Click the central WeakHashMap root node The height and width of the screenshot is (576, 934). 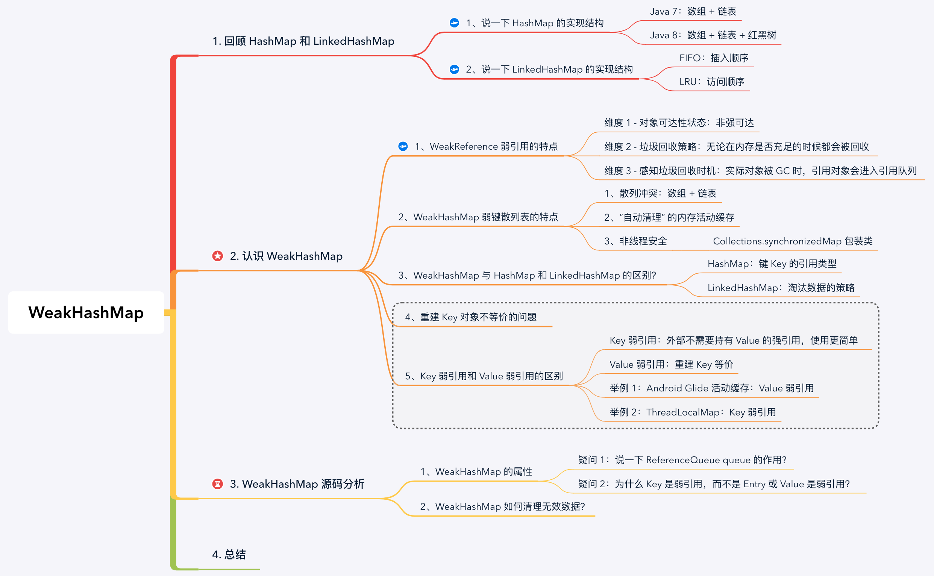click(86, 312)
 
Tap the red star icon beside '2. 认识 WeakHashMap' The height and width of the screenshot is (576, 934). click(217, 256)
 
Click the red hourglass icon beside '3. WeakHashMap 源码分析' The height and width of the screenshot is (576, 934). click(217, 484)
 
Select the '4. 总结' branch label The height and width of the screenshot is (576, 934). click(229, 554)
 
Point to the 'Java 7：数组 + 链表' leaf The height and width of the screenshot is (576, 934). click(693, 12)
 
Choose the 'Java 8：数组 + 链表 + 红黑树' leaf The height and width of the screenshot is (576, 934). click(713, 35)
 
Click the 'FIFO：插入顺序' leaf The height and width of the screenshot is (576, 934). click(713, 58)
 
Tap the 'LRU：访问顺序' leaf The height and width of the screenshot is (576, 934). click(711, 82)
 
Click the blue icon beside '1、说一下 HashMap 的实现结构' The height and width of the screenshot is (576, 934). click(454, 23)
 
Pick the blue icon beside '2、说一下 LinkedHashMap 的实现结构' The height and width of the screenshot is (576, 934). click(454, 69)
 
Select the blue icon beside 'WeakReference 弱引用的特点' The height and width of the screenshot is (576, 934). click(403, 146)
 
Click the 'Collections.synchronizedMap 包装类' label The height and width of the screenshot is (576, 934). click(792, 241)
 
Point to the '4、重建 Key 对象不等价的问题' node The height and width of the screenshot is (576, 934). click(471, 317)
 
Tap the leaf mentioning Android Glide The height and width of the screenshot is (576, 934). click(711, 388)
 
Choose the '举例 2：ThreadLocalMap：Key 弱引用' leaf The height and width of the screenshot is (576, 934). click(693, 412)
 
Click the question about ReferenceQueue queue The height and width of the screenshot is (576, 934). click(682, 460)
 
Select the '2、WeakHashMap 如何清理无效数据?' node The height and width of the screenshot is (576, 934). click(502, 507)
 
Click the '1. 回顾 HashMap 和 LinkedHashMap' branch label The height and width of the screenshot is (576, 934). click(303, 41)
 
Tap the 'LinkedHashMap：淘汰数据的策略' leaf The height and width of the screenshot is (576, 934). click(781, 288)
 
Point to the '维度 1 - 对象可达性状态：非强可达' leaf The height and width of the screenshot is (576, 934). click(679, 123)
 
